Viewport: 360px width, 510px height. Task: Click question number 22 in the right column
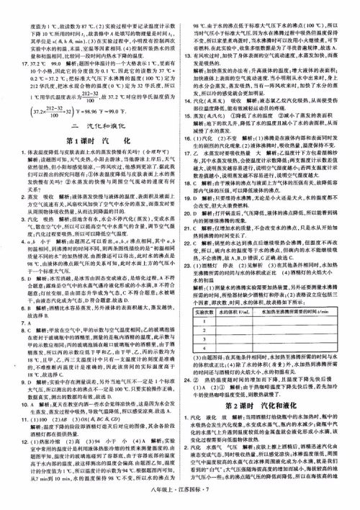(188, 247)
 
